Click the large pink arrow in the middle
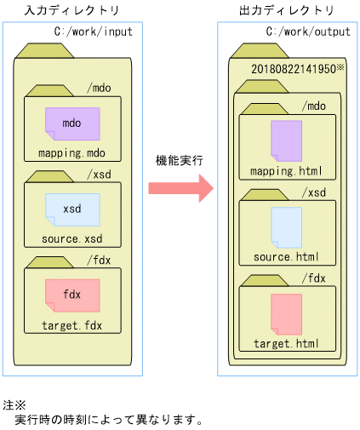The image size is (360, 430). click(180, 186)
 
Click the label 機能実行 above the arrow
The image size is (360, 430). click(180, 160)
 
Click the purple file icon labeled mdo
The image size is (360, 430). click(71, 123)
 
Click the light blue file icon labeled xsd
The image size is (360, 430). click(71, 209)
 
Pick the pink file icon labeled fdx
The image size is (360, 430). click(71, 294)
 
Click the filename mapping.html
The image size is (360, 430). click(286, 171)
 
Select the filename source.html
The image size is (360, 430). click(286, 256)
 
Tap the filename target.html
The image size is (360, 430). click(286, 343)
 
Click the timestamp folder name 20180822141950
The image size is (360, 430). click(293, 68)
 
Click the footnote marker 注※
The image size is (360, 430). click(15, 404)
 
